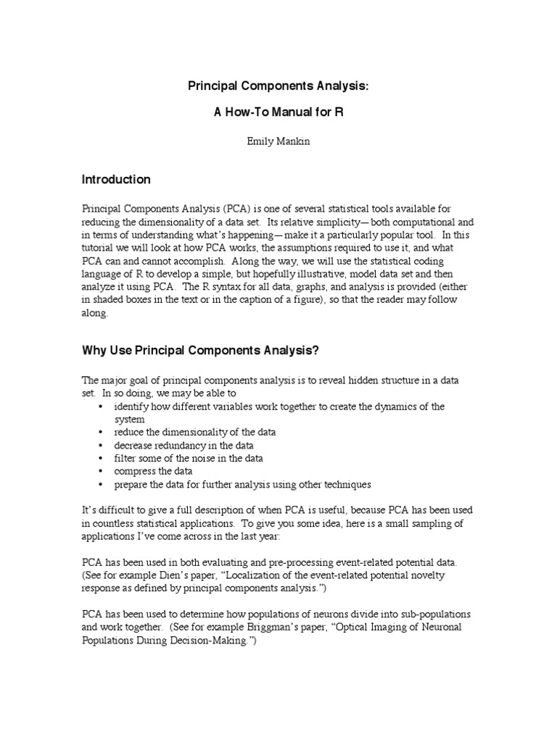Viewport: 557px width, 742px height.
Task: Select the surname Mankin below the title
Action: tap(292, 142)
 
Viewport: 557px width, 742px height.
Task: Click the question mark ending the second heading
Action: tap(316, 351)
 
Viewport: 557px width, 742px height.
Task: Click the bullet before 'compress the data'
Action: tap(99, 471)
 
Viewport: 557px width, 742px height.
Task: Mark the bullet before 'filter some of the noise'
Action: tap(99, 458)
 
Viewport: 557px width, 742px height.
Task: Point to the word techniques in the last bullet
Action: tap(345, 484)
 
